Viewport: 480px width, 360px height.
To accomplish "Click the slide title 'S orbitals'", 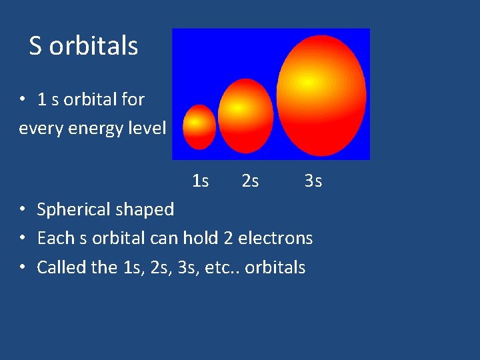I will coord(83,46).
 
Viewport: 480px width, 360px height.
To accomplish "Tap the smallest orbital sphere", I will coord(199,127).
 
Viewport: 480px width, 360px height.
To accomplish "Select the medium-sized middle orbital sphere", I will coord(245,116).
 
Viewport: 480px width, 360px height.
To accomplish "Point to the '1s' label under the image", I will coord(200,181).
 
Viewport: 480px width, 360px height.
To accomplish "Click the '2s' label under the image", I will coord(250,181).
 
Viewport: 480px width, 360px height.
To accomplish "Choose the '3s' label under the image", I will coord(313,181).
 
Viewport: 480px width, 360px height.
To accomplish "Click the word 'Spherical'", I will coord(73,210).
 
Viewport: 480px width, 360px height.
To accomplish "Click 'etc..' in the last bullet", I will coord(223,267).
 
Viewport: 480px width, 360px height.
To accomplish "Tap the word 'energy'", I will coord(95,128).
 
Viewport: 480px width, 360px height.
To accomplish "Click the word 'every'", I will coord(39,128).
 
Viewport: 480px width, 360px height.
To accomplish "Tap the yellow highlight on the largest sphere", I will coord(307,81).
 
